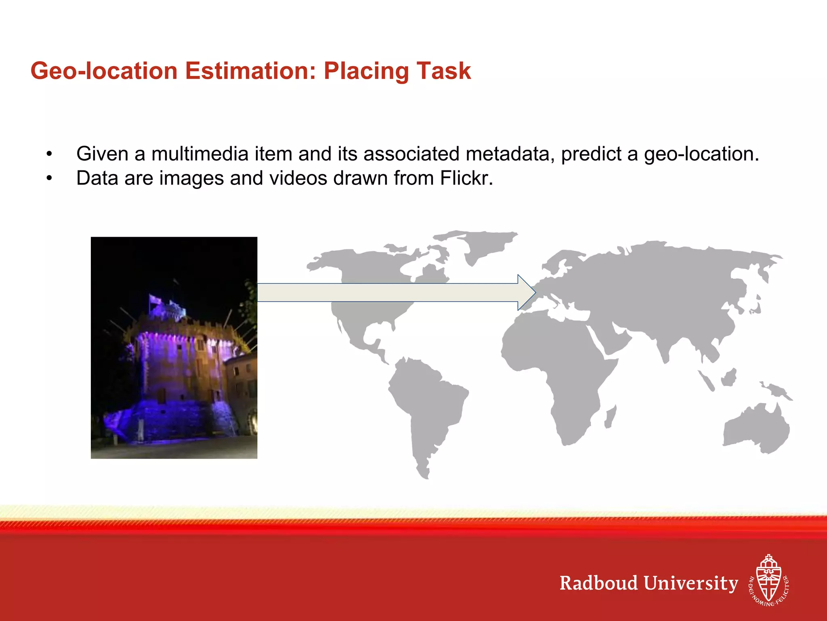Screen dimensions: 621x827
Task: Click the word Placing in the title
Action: (365, 71)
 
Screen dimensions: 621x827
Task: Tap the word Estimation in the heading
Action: (250, 71)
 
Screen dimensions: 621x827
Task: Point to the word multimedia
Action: (199, 154)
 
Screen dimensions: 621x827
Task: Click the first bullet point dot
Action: (49, 154)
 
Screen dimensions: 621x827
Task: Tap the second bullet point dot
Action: (49, 178)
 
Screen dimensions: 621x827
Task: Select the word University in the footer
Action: (691, 583)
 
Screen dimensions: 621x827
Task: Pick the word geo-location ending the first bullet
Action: (701, 154)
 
